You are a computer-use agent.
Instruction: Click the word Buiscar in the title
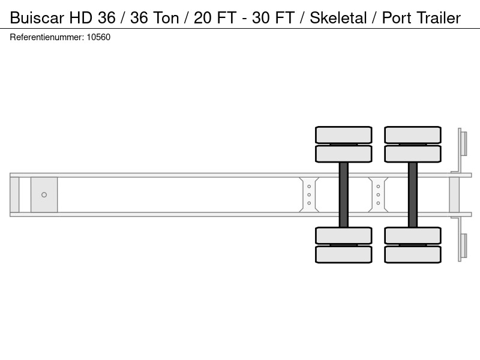pyautogui.click(x=37, y=18)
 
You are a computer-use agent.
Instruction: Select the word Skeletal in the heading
pyautogui.click(x=338, y=18)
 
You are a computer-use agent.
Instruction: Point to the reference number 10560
pyautogui.click(x=98, y=37)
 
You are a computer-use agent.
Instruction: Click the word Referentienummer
pyautogui.click(x=47, y=37)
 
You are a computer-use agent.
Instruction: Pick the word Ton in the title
pyautogui.click(x=166, y=18)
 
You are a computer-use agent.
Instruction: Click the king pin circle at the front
pyautogui.click(x=44, y=194)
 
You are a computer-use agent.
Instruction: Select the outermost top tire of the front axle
pyautogui.click(x=344, y=134)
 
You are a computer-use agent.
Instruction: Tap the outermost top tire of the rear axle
pyautogui.click(x=413, y=134)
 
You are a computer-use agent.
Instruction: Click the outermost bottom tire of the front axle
pyautogui.click(x=344, y=254)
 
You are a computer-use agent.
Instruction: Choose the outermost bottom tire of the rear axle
pyautogui.click(x=413, y=254)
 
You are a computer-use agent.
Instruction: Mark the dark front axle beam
pyautogui.click(x=344, y=194)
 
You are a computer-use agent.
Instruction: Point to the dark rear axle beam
pyautogui.click(x=413, y=194)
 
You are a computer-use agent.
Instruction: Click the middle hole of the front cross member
pyautogui.click(x=309, y=194)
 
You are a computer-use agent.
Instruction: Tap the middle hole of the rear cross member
pyautogui.click(x=378, y=194)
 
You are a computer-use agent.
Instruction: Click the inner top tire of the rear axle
pyautogui.click(x=413, y=154)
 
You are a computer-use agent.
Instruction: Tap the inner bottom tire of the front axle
pyautogui.click(x=344, y=236)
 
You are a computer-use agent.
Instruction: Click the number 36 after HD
pyautogui.click(x=107, y=18)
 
